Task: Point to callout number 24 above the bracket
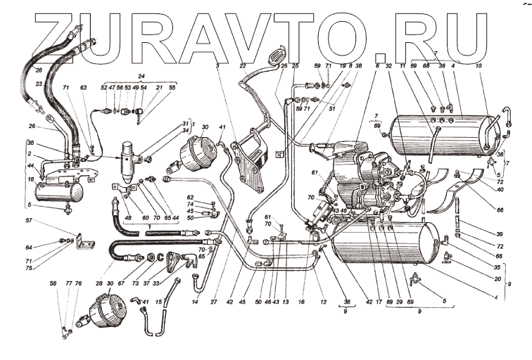tap(141, 76)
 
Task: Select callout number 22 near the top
tap(242, 65)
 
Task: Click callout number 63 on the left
tap(84, 88)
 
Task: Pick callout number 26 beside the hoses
tap(32, 127)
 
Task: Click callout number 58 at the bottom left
tap(53, 283)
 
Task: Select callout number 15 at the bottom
tap(159, 302)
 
